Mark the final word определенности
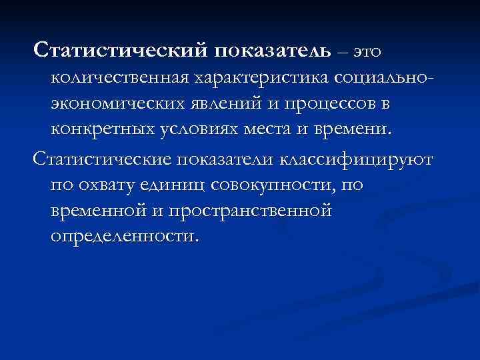point(123,237)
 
